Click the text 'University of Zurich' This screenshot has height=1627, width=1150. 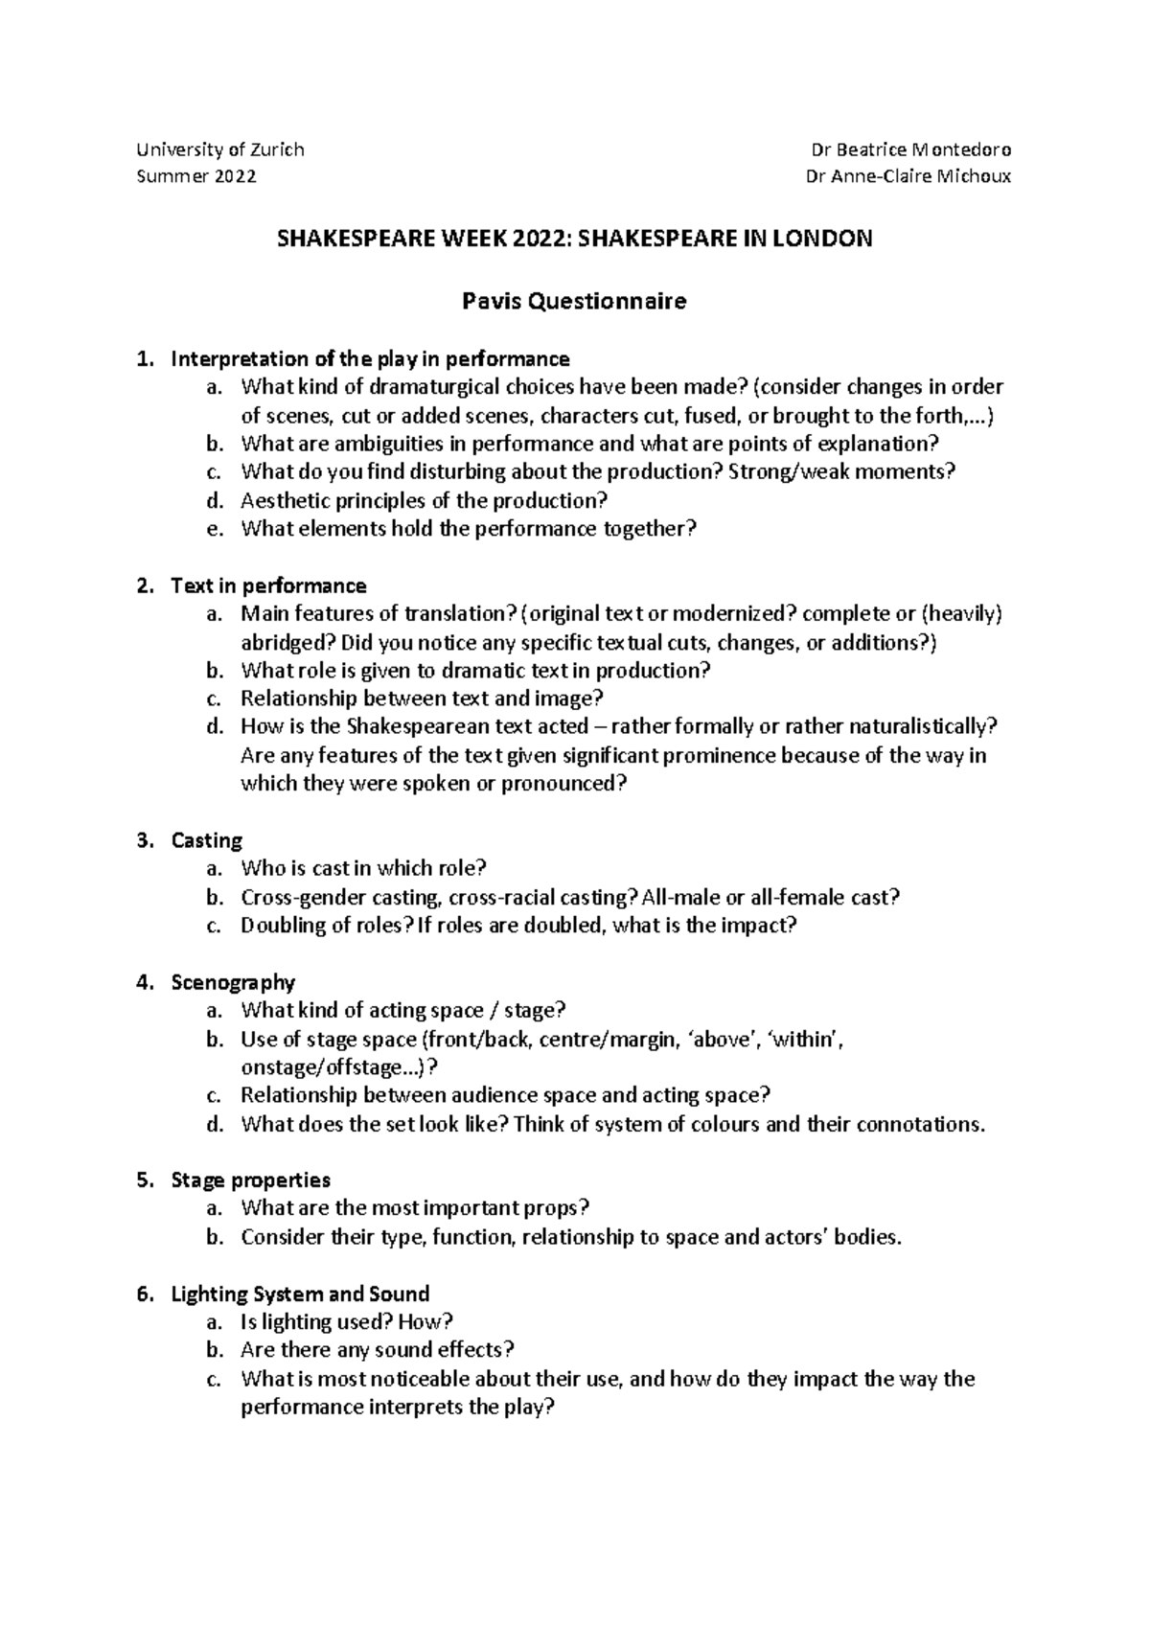tap(220, 149)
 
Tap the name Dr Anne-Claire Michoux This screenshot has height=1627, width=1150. tap(910, 177)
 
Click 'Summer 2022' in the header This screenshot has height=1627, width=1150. tap(196, 177)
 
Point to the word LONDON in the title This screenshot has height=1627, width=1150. tap(822, 240)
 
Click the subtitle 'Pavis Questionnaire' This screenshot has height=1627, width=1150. tap(574, 302)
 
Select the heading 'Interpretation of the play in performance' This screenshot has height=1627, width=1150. tap(370, 359)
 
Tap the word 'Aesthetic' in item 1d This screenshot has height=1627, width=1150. tap(281, 500)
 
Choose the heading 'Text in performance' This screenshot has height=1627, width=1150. tap(268, 585)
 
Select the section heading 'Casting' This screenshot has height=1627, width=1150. tap(206, 840)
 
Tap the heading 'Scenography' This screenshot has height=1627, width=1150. tap(233, 982)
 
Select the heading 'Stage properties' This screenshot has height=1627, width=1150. tap(250, 1180)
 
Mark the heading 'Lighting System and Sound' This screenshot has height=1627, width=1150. tap(299, 1295)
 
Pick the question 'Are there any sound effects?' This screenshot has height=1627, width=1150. tap(378, 1350)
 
